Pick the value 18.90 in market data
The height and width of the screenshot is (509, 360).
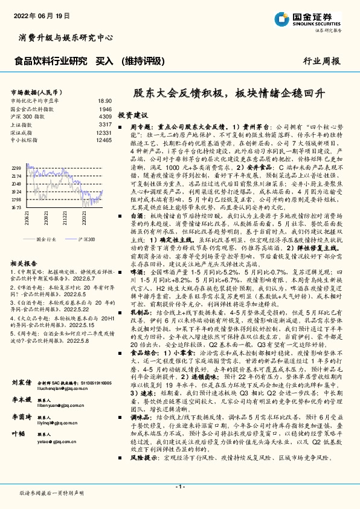pyautogui.click(x=104, y=101)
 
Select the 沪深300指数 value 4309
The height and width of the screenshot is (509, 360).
pyautogui.click(x=105, y=116)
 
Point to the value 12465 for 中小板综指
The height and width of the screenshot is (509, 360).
pyautogui.click(x=104, y=140)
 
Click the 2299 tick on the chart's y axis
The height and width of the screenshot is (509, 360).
pyautogui.click(x=16, y=167)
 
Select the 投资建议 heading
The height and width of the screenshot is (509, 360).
pyautogui.click(x=133, y=114)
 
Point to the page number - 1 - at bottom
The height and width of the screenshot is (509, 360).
pyautogui.click(x=179, y=487)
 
